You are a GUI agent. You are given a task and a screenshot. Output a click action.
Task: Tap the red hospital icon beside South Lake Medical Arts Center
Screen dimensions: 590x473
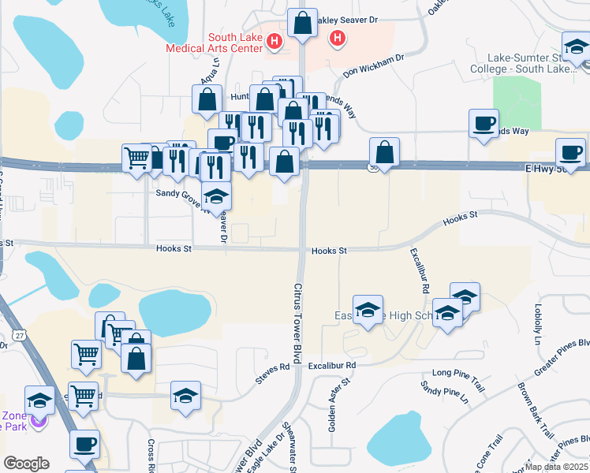[x=274, y=41]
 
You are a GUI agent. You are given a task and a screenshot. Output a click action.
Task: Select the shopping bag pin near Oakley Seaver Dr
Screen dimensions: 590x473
[x=302, y=23]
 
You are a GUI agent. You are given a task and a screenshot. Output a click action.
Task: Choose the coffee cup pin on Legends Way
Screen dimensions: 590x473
[x=484, y=124]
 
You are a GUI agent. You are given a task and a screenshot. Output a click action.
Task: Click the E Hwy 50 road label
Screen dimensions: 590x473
[x=556, y=168]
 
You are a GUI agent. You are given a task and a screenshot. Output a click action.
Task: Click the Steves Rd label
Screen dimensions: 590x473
[x=273, y=373]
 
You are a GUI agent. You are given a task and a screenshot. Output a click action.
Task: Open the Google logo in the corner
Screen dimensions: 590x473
[x=26, y=464]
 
